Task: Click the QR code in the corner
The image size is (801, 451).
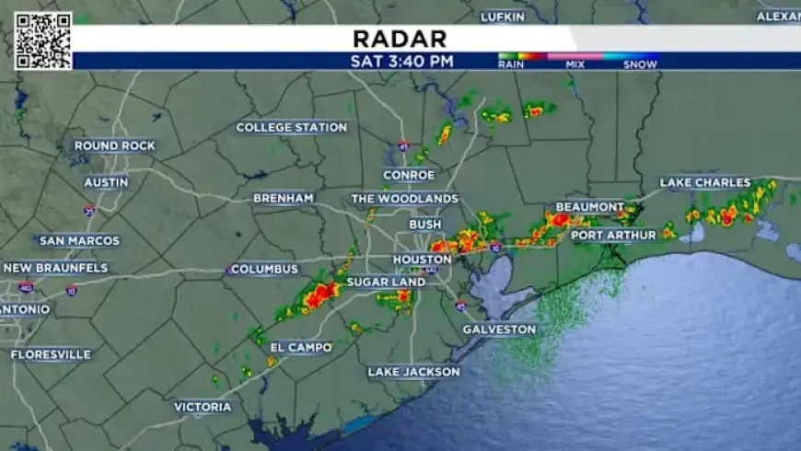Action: point(42,40)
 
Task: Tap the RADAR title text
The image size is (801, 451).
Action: point(400,39)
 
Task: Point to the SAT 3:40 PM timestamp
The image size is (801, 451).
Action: point(402,62)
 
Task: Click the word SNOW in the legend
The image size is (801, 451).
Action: point(640,65)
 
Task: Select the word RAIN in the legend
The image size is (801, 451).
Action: point(511,65)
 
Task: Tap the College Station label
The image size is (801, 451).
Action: point(290,128)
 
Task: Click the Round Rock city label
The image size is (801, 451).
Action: point(114,146)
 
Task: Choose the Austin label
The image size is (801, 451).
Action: point(106,182)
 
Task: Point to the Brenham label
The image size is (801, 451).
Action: point(284,198)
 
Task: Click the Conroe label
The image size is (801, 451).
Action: point(409,175)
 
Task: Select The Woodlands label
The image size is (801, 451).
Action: point(404,199)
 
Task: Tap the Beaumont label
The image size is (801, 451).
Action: point(590,207)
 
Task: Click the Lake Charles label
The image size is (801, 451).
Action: point(705,182)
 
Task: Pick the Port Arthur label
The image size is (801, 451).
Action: point(613,236)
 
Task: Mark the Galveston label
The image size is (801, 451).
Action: point(499,329)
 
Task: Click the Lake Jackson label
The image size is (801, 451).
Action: point(413,372)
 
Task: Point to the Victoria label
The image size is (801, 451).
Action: point(203,406)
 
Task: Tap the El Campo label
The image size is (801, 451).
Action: point(301,348)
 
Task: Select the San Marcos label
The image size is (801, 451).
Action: point(79,241)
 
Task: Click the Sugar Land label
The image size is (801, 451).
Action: point(386,282)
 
